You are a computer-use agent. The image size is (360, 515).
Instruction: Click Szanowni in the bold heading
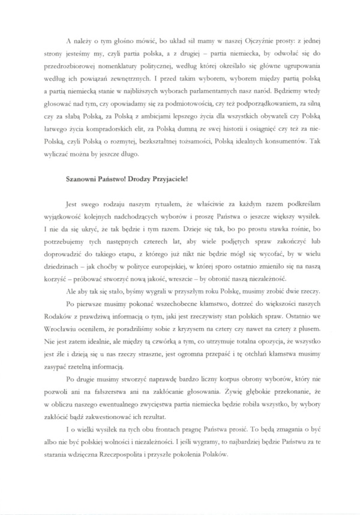[x=82, y=179]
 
